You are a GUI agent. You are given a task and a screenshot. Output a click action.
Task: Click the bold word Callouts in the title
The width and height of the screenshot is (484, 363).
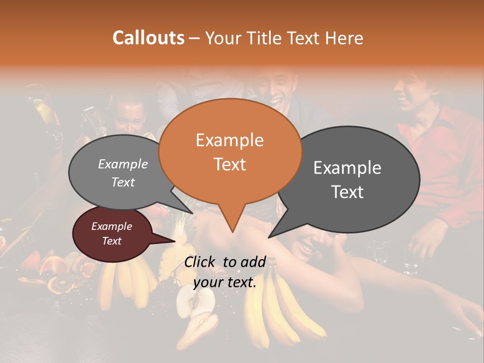click(148, 38)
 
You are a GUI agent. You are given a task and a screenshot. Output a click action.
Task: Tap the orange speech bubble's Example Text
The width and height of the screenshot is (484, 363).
click(230, 152)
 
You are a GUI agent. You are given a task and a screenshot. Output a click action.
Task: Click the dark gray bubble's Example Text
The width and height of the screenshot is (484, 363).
click(347, 179)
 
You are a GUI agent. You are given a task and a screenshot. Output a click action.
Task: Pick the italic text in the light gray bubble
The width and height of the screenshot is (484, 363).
click(123, 173)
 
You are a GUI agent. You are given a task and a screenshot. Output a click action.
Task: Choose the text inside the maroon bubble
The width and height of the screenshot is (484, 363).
click(111, 233)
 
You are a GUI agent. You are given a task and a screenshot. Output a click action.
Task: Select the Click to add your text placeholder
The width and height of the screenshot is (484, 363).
click(225, 272)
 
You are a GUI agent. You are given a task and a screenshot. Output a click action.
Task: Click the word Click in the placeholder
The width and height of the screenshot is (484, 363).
click(200, 262)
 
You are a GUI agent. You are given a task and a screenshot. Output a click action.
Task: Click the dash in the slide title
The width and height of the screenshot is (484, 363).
click(195, 38)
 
